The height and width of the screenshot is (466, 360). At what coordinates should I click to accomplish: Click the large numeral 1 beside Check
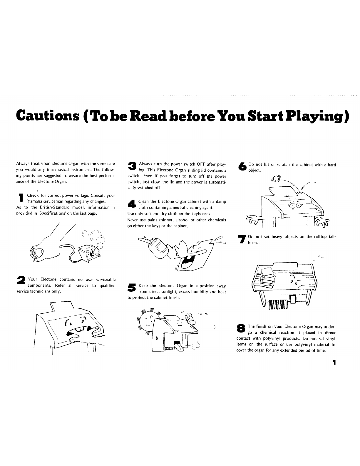pos(21,198)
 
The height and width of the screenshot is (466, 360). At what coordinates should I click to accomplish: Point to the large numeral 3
pos(132,166)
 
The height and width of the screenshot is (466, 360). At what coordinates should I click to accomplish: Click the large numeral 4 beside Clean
pos(132,203)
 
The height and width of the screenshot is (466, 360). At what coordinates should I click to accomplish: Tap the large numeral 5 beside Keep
pos(132,287)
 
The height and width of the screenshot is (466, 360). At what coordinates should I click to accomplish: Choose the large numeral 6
pos(242,166)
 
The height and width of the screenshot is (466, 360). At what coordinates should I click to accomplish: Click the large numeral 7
pos(242,239)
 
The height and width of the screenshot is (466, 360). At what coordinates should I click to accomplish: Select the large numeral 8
pos(241,328)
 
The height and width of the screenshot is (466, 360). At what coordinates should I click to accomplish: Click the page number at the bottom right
pos(334,363)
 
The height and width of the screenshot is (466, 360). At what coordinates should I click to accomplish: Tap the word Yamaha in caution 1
pos(35,201)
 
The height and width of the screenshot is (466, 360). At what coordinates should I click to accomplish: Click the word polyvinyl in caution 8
pos(272,338)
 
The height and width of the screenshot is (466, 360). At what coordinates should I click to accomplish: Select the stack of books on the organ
pos(267,278)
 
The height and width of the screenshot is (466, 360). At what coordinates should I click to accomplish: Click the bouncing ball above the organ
pos(277,178)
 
